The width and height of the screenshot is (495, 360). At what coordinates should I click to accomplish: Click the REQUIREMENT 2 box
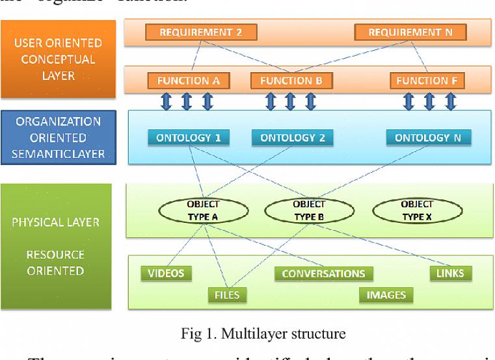click(201, 32)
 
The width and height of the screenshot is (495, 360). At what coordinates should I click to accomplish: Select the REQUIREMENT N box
click(410, 32)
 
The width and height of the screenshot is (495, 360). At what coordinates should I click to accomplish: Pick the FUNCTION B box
click(291, 81)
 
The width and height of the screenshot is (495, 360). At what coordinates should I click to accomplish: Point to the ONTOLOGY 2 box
click(292, 138)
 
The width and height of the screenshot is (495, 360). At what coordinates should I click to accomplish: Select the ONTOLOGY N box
click(428, 138)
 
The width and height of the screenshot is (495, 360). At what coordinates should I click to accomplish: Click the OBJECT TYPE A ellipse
click(203, 211)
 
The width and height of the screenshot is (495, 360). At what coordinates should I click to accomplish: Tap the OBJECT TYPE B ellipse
click(309, 211)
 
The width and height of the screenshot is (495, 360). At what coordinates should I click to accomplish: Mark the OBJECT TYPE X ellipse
click(416, 211)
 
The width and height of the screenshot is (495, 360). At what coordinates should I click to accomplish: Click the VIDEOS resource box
click(167, 273)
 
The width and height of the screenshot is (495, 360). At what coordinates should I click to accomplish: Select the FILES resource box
click(227, 295)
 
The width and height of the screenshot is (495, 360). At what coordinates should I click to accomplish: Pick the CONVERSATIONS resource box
click(323, 274)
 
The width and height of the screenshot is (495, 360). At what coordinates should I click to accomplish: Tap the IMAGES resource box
click(386, 295)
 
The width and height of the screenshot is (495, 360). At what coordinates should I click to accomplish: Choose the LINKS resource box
click(450, 273)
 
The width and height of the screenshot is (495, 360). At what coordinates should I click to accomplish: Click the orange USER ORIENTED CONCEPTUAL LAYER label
click(59, 59)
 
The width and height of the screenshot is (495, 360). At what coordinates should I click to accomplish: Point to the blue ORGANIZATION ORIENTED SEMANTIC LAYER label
click(59, 138)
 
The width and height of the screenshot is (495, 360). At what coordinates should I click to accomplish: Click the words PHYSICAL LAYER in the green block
click(55, 222)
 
